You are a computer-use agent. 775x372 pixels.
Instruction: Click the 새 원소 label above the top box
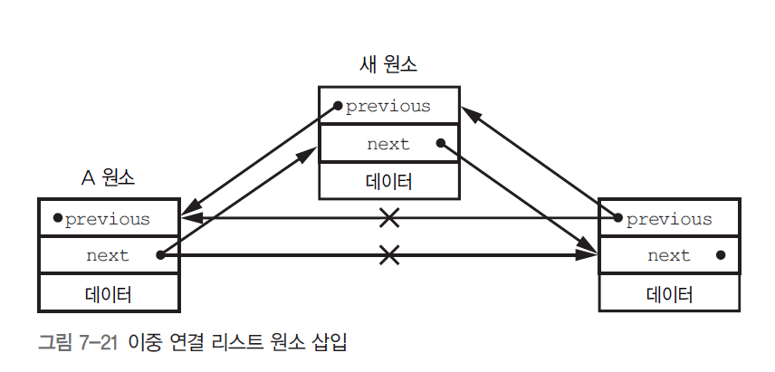[x=388, y=65]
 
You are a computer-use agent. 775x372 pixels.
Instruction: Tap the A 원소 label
[x=107, y=178]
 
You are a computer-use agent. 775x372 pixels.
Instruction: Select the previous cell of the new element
[x=388, y=106]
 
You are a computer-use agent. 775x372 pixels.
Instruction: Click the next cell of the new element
[x=388, y=144]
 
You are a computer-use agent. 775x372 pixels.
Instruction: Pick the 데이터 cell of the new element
[x=388, y=181]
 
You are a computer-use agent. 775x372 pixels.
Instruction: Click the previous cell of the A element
[x=108, y=218]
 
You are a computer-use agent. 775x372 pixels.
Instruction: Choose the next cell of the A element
[x=108, y=255]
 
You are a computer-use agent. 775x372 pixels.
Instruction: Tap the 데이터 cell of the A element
[x=108, y=294]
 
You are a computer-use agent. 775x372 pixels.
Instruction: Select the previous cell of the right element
[x=669, y=219]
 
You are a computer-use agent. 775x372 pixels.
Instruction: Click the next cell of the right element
[x=669, y=255]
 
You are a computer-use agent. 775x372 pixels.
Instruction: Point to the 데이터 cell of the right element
[x=669, y=294]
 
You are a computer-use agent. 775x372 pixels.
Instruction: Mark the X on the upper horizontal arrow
[x=388, y=218]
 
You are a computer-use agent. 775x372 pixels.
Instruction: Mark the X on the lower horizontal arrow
[x=388, y=255]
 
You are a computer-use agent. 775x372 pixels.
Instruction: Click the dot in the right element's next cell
[x=720, y=255]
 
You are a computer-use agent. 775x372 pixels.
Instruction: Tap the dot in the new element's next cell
[x=440, y=143]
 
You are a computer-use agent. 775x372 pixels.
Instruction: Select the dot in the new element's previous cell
[x=337, y=106]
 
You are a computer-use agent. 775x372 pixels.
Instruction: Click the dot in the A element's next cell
[x=160, y=255]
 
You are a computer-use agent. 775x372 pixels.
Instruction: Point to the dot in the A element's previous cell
[x=57, y=218]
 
